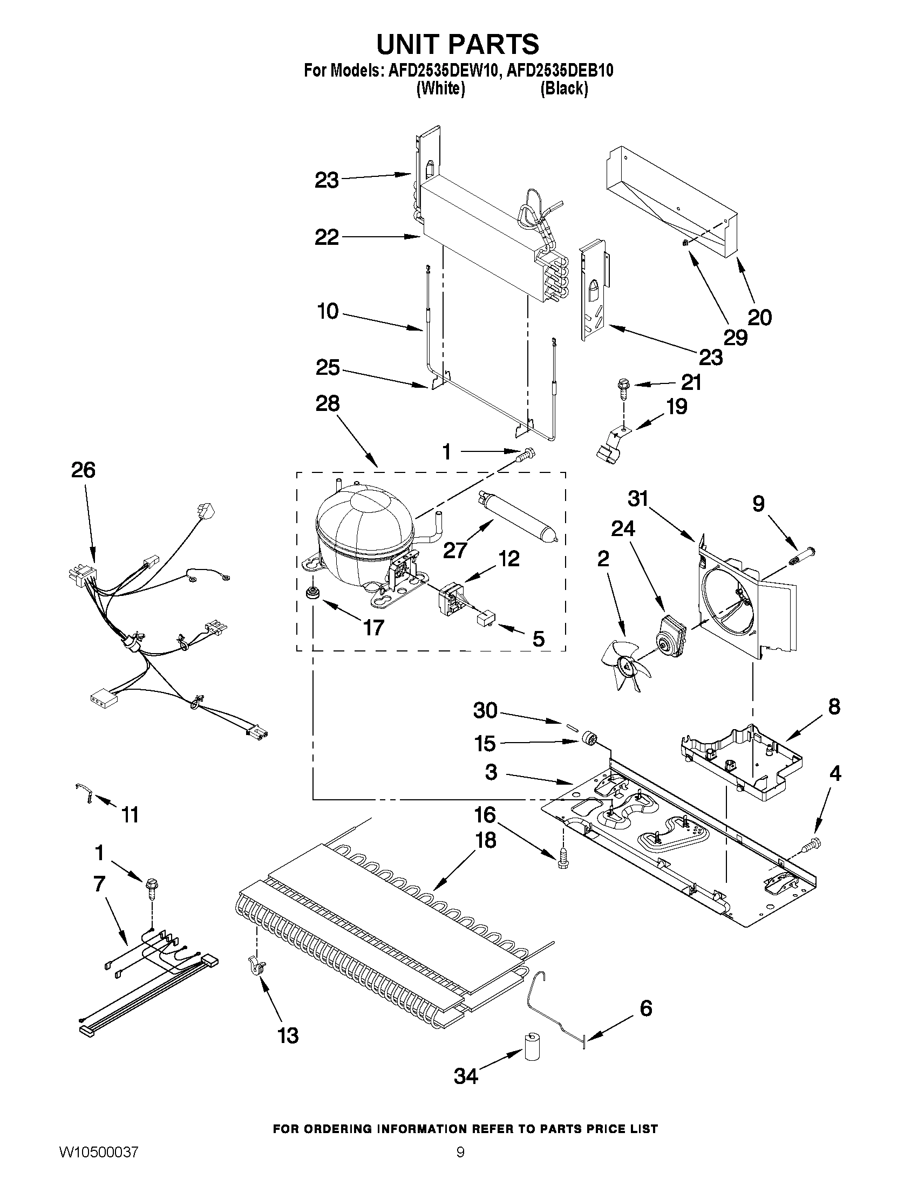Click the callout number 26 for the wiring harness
(x=83, y=470)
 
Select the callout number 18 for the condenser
(x=485, y=840)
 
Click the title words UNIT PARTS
(x=458, y=44)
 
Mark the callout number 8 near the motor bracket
(x=834, y=707)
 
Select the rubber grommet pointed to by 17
(x=312, y=592)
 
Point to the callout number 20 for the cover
(x=759, y=318)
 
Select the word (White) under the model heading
(x=440, y=88)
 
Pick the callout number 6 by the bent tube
(x=645, y=1008)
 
